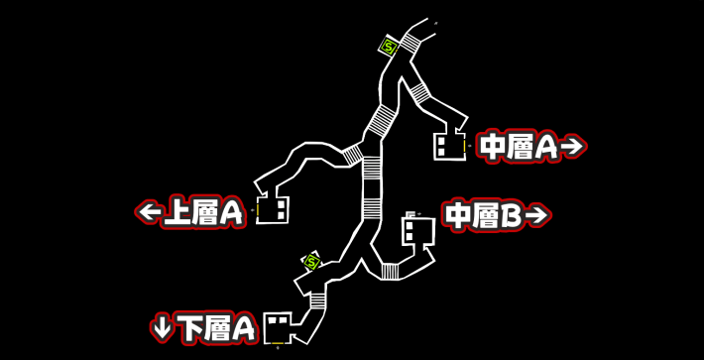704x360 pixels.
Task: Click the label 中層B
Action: pyautogui.click(x=484, y=215)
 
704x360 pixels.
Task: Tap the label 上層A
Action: pyautogui.click(x=203, y=212)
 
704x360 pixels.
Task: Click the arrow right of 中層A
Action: pyautogui.click(x=572, y=147)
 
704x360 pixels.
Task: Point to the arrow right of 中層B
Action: pyautogui.click(x=536, y=215)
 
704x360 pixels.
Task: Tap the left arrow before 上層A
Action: pyautogui.click(x=150, y=212)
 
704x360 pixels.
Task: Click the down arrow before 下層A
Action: pyautogui.click(x=162, y=326)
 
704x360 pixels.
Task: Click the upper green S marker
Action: pyautogui.click(x=390, y=46)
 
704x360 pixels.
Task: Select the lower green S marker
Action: pyautogui.click(x=312, y=263)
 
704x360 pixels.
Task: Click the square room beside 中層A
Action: pyautogui.click(x=449, y=146)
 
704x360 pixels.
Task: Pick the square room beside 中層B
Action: pyautogui.click(x=417, y=231)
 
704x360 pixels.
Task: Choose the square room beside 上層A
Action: pyautogui.click(x=273, y=209)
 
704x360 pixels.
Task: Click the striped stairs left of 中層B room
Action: pyautogui.click(x=391, y=271)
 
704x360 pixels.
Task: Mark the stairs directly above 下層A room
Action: pyautogui.click(x=318, y=300)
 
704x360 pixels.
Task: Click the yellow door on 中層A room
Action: pyautogui.click(x=468, y=146)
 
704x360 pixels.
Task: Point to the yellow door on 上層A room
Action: pyautogui.click(x=257, y=209)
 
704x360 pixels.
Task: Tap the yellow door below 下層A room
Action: pyautogui.click(x=278, y=343)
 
